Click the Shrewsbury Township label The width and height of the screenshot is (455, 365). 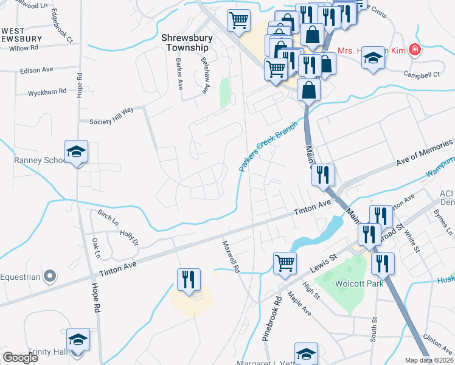coord(184,42)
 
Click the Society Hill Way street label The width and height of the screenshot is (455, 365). coord(111,121)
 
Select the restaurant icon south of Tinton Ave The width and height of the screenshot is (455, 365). coord(189,280)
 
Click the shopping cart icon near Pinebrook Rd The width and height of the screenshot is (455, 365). coord(284,263)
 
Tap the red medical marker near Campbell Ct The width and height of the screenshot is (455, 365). coord(415,49)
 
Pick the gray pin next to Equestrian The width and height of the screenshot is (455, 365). coord(51,277)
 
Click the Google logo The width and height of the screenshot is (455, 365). coord(20,358)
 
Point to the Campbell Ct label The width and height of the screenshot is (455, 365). coord(423,75)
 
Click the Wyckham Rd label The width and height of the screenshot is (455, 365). coord(47,92)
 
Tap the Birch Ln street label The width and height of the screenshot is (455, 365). coord(108,218)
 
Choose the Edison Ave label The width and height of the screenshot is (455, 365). coord(36,71)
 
